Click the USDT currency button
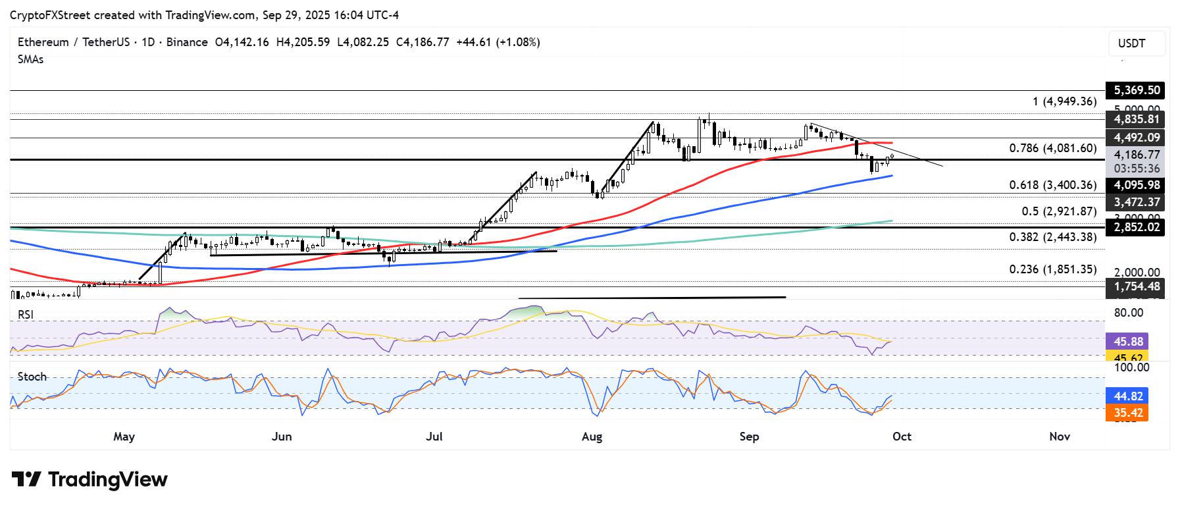pos(1136,43)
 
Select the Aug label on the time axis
pos(592,437)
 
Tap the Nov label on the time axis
pos(1059,437)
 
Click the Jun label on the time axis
pos(281,437)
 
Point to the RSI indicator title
pos(26,315)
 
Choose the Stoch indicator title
pos(32,377)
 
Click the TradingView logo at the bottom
pos(90,479)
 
